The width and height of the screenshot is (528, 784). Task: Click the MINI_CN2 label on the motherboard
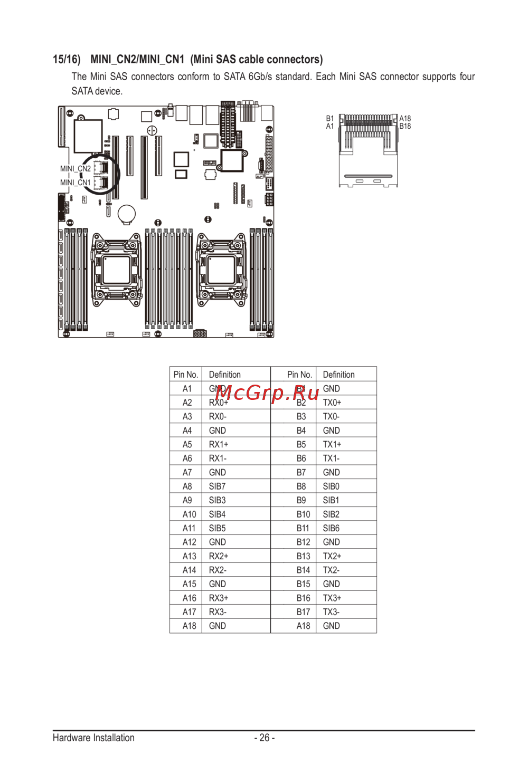coord(76,169)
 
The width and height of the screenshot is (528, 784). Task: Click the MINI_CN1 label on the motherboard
coord(76,183)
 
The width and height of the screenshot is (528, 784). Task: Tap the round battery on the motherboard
coord(127,213)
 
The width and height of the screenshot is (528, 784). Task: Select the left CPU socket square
coord(116,270)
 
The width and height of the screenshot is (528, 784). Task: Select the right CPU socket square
coord(221,270)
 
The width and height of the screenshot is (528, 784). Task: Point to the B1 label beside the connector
coord(330,119)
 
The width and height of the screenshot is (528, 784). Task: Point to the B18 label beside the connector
coord(405,126)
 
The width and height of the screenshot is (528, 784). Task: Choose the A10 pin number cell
coord(189,514)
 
